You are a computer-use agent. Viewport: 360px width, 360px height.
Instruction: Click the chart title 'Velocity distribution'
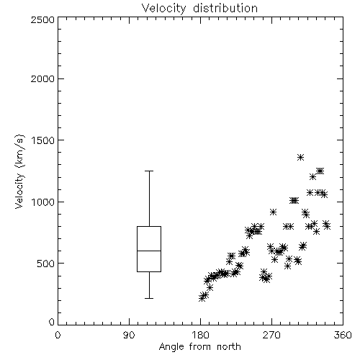click(x=199, y=8)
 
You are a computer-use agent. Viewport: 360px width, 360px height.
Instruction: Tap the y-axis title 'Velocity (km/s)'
click(x=19, y=171)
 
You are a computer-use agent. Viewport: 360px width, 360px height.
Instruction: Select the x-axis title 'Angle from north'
click(x=199, y=346)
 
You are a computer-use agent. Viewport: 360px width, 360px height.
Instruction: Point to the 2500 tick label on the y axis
click(x=42, y=19)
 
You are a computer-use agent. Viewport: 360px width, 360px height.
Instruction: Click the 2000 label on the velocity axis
click(x=42, y=78)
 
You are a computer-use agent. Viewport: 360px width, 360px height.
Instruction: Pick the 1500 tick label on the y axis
click(x=42, y=140)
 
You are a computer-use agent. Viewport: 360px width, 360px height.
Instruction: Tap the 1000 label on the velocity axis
click(x=42, y=202)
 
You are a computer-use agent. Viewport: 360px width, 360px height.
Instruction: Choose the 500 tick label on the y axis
click(x=45, y=264)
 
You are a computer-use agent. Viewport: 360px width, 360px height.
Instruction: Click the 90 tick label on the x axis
click(x=129, y=335)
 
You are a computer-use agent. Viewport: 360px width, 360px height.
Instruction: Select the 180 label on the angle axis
click(x=201, y=335)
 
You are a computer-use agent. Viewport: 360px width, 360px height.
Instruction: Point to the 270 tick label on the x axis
click(x=271, y=335)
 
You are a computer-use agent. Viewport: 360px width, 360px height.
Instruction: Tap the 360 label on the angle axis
click(x=343, y=335)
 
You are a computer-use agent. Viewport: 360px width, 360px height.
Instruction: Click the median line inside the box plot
click(x=149, y=251)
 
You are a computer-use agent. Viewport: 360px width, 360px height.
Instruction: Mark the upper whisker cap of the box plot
click(x=149, y=171)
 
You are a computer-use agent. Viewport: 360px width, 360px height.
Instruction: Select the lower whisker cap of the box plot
click(x=149, y=298)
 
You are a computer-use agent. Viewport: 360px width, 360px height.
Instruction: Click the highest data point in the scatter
click(x=300, y=158)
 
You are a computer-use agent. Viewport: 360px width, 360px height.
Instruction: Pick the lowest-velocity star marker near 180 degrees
click(x=202, y=298)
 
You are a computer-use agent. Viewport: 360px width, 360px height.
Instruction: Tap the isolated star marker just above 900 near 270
click(x=273, y=212)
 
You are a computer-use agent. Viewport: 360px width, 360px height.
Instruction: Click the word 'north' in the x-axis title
click(x=229, y=347)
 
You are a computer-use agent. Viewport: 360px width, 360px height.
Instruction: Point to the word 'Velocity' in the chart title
click(x=163, y=9)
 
